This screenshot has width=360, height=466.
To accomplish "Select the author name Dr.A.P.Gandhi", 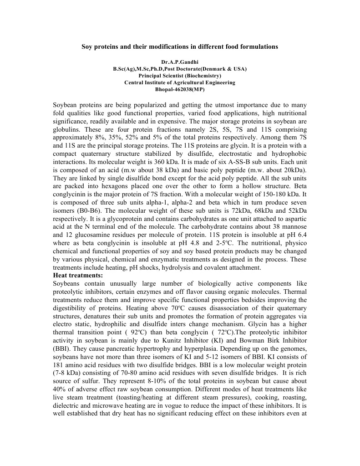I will (180, 61).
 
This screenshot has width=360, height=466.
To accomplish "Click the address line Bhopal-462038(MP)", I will (180, 90).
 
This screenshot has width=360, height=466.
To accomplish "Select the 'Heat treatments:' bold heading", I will (78, 275).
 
